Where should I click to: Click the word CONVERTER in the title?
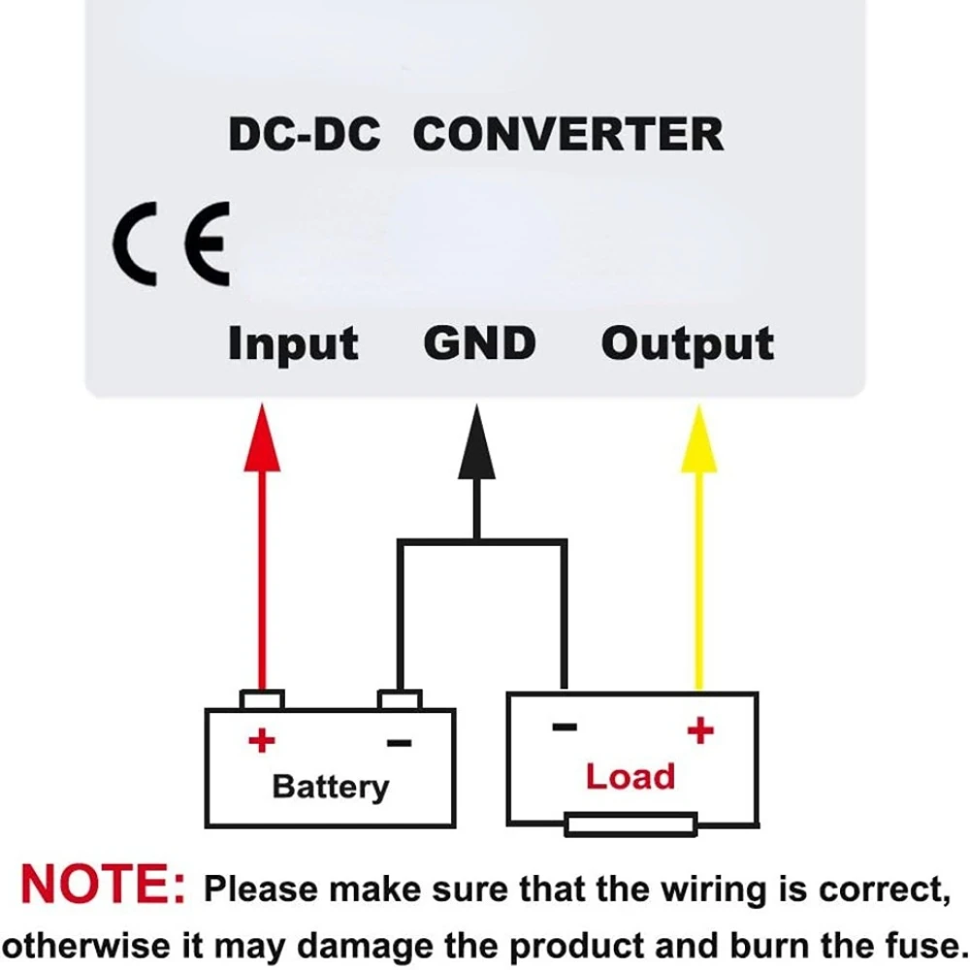568,134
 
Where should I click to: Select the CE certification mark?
171,243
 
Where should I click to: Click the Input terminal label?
293,344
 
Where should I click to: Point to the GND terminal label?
479,343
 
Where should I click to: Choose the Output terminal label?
688,344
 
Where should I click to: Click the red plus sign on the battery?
261,742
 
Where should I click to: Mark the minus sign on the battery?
399,743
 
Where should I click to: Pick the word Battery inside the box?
330,787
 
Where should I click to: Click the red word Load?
630,777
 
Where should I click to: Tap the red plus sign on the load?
700,729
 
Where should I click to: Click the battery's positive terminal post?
262,699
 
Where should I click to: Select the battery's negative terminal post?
400,699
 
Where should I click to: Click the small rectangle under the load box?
630,824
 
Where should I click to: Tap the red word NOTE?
102,885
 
